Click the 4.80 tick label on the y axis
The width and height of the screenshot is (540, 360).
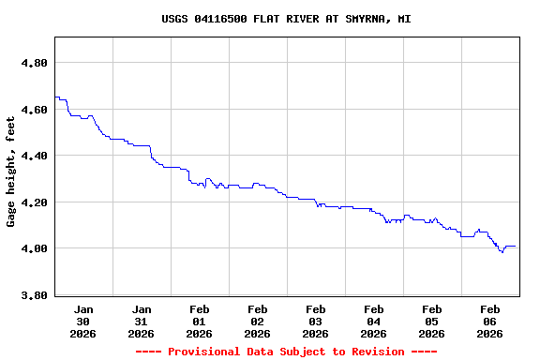coord(35,63)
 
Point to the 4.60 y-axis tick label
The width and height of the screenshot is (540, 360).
coord(35,110)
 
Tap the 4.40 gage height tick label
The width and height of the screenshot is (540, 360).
coord(35,156)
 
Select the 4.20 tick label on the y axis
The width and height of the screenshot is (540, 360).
coord(35,202)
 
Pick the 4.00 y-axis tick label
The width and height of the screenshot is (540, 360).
coord(35,248)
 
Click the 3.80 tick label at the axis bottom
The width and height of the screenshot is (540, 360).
coord(35,295)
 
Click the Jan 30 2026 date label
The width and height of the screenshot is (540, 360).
coord(83,321)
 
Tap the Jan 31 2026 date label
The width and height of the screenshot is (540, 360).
coord(142,321)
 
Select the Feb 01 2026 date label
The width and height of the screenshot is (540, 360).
coord(200,321)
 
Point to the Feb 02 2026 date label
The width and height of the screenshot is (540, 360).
coord(258,321)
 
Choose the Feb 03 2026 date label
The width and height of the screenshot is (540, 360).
coord(316,321)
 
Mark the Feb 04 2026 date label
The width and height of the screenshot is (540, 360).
coord(374,321)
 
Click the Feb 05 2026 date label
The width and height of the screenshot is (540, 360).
coord(432,321)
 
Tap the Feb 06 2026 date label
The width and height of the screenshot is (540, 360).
coord(490,321)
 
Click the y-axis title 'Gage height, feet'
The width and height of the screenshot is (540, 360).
coord(11,172)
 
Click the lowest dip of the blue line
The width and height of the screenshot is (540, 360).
coord(502,252)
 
